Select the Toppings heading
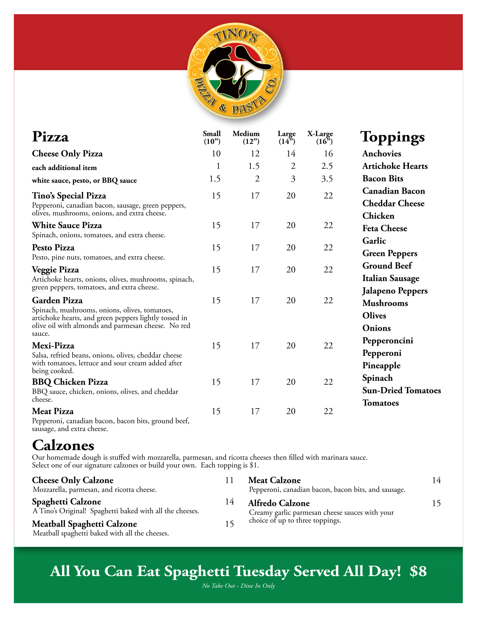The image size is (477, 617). pyautogui.click(x=393, y=137)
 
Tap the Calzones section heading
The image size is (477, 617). pyautogui.click(x=63, y=445)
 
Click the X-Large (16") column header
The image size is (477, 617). pyautogui.click(x=320, y=137)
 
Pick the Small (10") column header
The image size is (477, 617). pyautogui.click(x=212, y=137)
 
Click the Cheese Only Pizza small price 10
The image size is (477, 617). pyautogui.click(x=216, y=154)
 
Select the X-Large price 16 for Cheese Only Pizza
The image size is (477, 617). pyautogui.click(x=328, y=154)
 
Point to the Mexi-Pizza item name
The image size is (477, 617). pyautogui.click(x=53, y=346)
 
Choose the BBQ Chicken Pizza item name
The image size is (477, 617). pyautogui.click(x=70, y=382)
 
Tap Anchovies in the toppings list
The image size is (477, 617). pyautogui.click(x=382, y=154)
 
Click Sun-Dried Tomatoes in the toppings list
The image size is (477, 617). pyautogui.click(x=402, y=390)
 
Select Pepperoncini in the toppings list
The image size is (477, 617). pyautogui.click(x=388, y=341)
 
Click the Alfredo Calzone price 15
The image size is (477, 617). pyautogui.click(x=436, y=503)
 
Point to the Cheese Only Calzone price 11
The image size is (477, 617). pyautogui.click(x=230, y=480)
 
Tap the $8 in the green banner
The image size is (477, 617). pyautogui.click(x=418, y=571)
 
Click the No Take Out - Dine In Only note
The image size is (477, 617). pyautogui.click(x=238, y=586)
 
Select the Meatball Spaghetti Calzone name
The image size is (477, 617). pyautogui.click(x=85, y=524)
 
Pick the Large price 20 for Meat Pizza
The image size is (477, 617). pyautogui.click(x=291, y=412)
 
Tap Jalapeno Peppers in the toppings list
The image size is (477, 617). pyautogui.click(x=395, y=291)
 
